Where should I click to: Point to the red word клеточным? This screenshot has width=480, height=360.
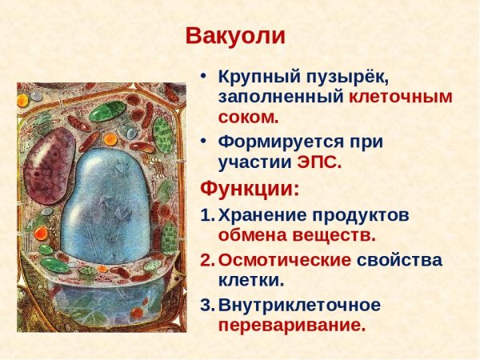click(x=400, y=98)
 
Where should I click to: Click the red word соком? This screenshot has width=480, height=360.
click(x=249, y=118)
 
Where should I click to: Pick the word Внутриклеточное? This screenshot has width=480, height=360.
click(x=299, y=305)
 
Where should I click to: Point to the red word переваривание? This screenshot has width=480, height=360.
click(x=291, y=326)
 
